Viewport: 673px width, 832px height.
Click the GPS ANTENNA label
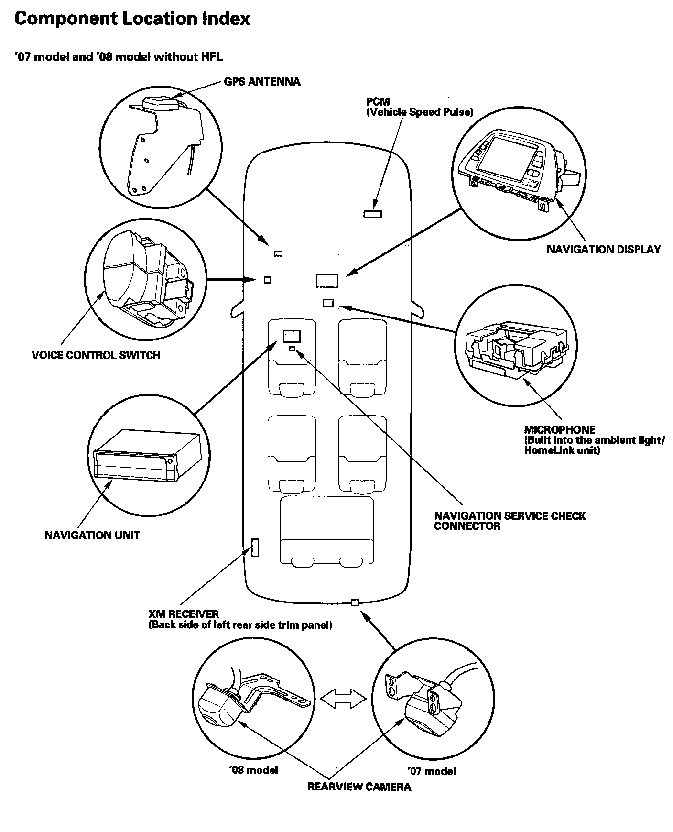coord(262,82)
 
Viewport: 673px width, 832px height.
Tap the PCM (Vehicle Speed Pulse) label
coord(419,107)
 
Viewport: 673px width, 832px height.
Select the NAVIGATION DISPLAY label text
coord(603,249)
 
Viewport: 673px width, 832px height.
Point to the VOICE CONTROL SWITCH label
coord(96,355)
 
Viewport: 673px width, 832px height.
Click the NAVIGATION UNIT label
coord(92,535)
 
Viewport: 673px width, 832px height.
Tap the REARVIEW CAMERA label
coord(359,787)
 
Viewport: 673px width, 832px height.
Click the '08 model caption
coord(253,770)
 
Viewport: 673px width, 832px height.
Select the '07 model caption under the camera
coord(431,771)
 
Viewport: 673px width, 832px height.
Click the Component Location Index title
coord(132,19)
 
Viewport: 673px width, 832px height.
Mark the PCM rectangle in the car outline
coord(372,214)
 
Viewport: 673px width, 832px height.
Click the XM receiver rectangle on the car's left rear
coord(255,547)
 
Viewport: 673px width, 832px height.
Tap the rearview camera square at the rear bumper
coord(355,602)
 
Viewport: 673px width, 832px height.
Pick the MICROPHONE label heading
coord(560,429)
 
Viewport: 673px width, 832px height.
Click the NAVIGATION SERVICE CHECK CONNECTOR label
coord(510,521)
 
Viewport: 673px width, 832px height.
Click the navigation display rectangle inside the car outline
coord(327,281)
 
